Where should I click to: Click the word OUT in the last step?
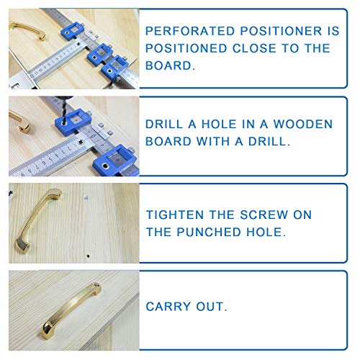click(214, 307)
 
